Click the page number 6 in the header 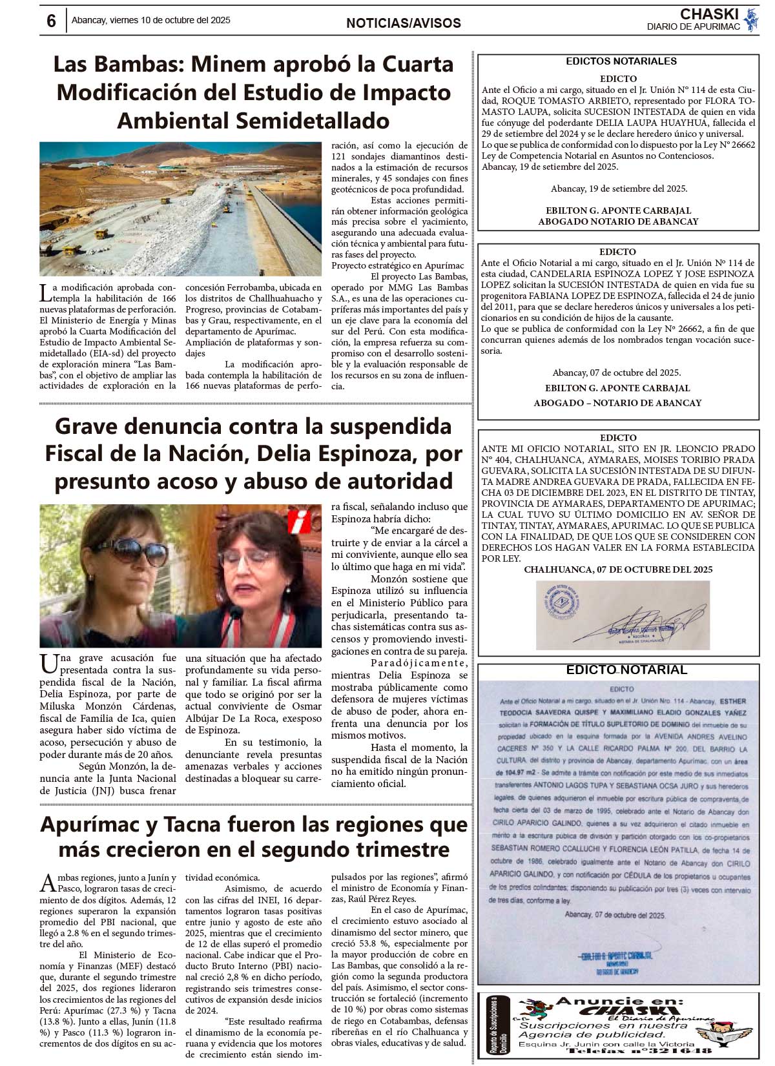pyautogui.click(x=51, y=21)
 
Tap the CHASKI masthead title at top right pyautogui.click(x=708, y=14)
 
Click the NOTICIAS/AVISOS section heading pyautogui.click(x=404, y=23)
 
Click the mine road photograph pyautogui.click(x=180, y=209)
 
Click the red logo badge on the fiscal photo pyautogui.click(x=300, y=520)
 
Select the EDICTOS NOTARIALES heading pyautogui.click(x=621, y=61)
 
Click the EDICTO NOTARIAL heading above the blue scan pyautogui.click(x=626, y=670)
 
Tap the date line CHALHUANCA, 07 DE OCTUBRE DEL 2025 pyautogui.click(x=618, y=569)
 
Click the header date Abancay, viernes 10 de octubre pyautogui.click(x=150, y=20)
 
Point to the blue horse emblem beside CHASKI pyautogui.click(x=751, y=20)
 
